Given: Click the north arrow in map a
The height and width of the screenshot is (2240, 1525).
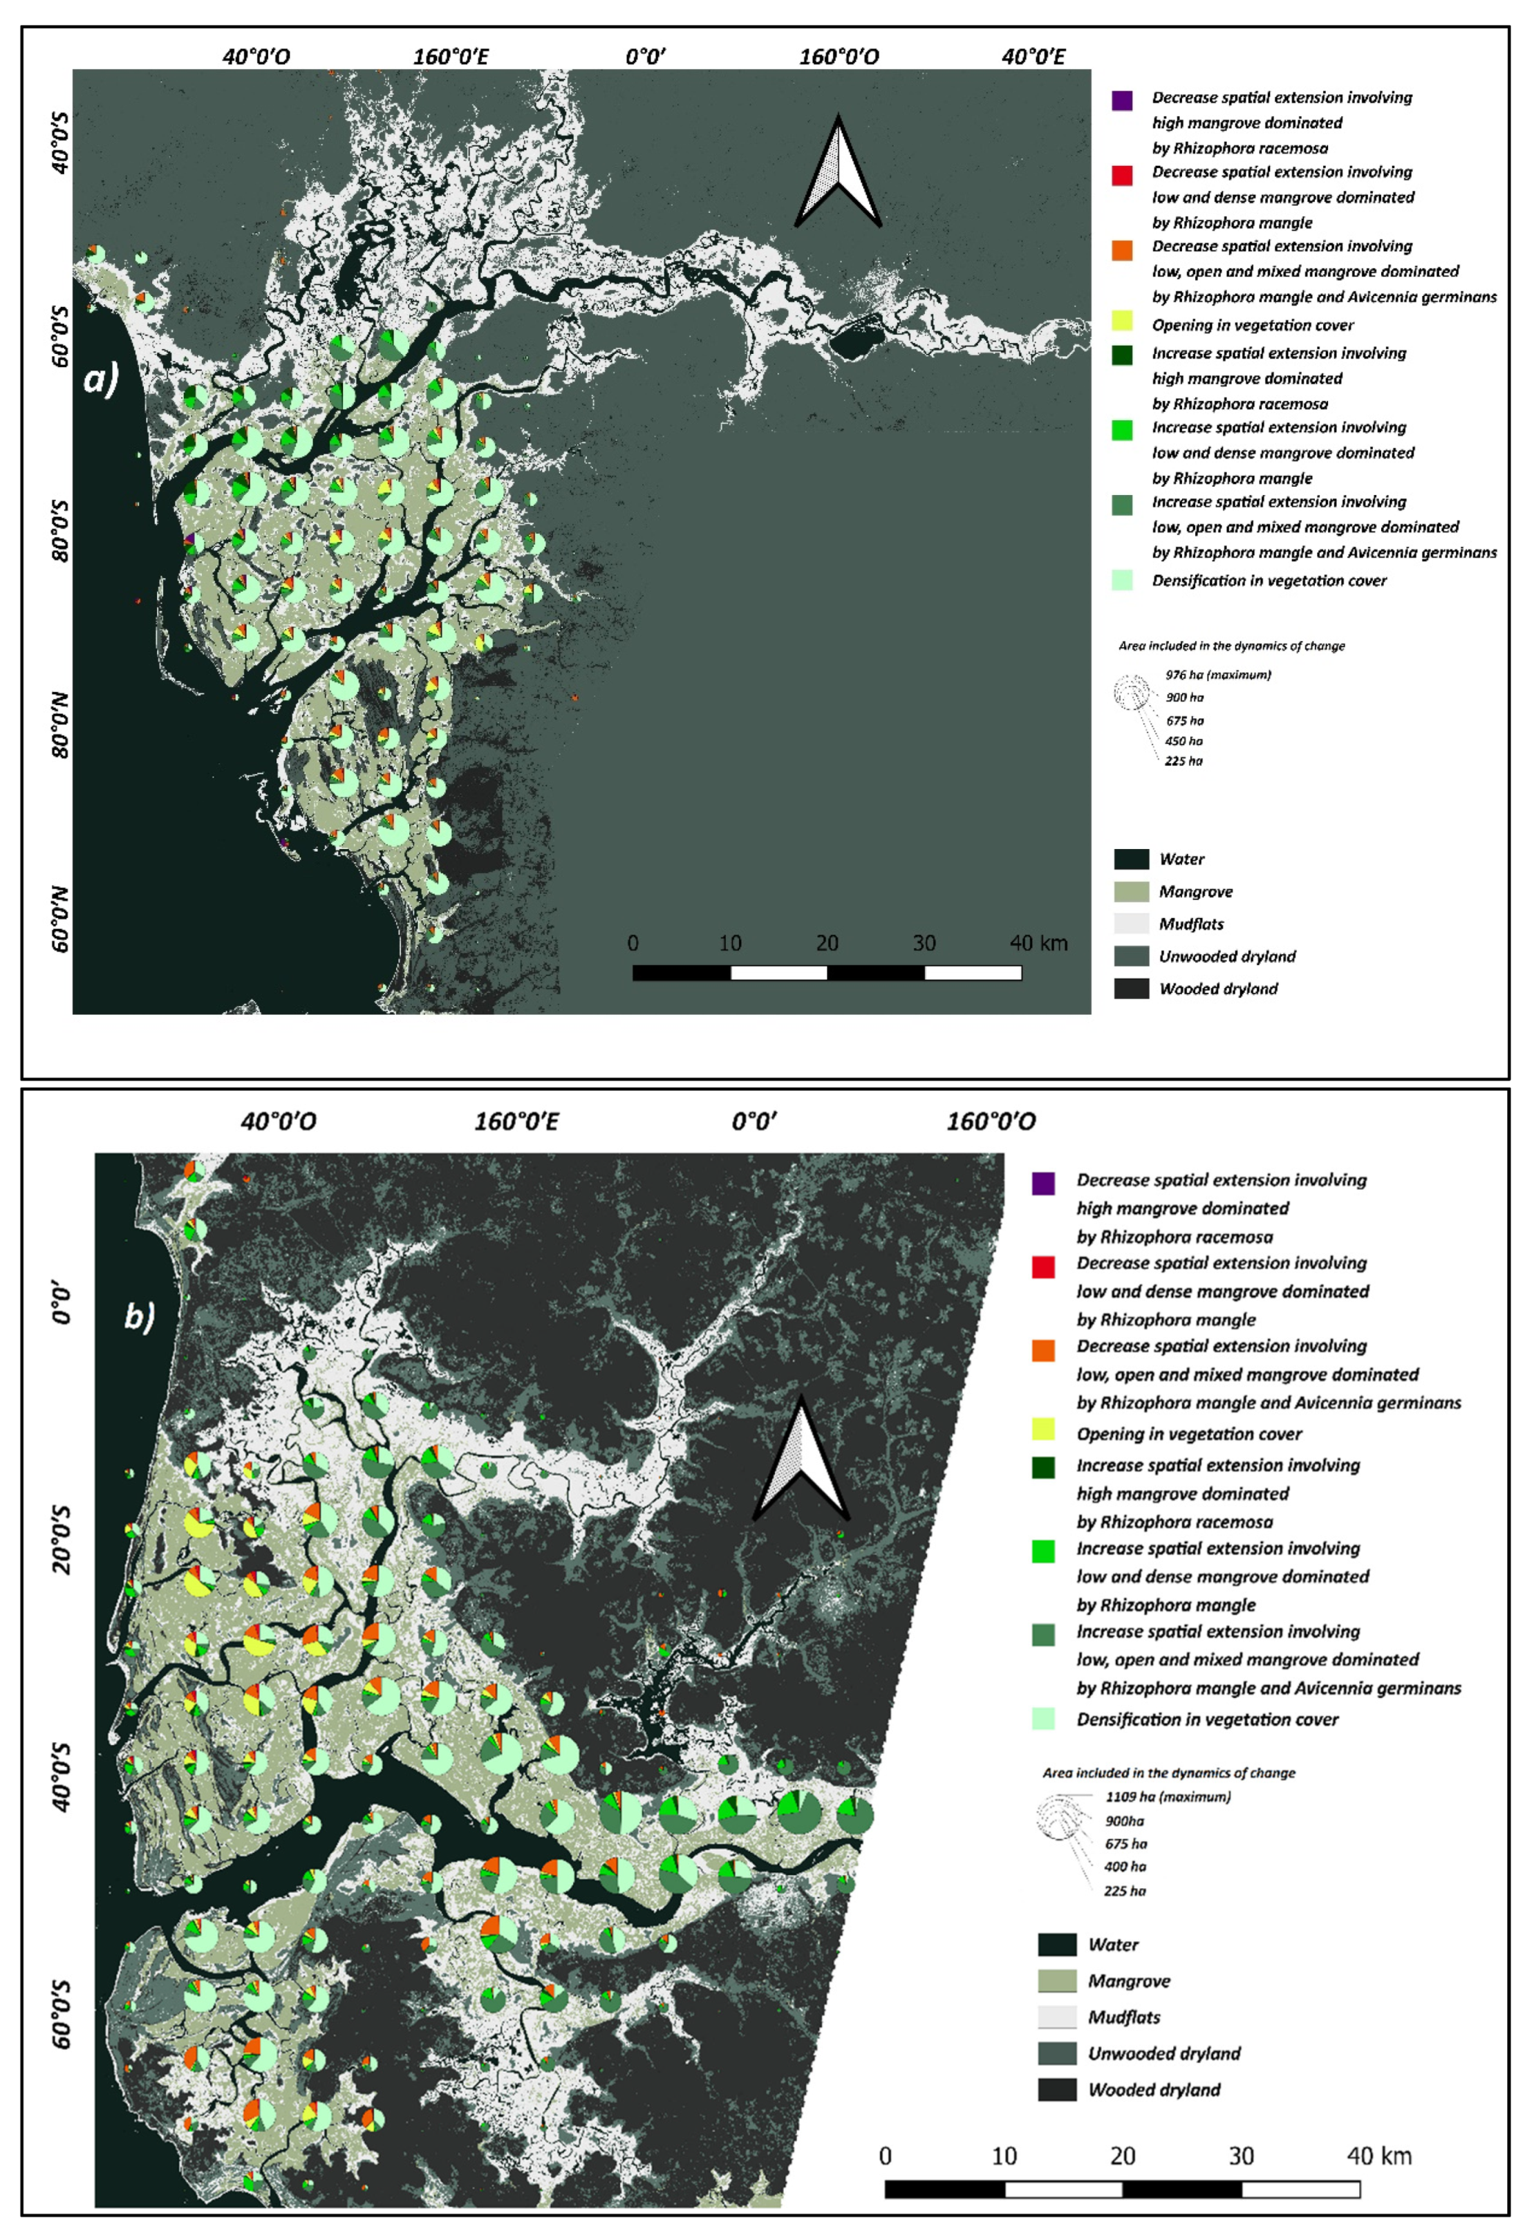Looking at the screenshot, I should click(x=836, y=171).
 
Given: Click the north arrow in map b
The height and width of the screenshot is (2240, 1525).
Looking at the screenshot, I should click(x=799, y=1460).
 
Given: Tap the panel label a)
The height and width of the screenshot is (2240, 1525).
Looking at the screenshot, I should click(x=101, y=379).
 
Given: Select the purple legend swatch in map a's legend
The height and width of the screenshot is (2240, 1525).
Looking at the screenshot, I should click(x=1121, y=100).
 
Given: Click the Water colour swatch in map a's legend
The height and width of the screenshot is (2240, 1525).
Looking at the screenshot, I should click(x=1131, y=859).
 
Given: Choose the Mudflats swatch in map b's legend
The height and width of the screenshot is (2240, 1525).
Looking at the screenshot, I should click(x=1056, y=2017).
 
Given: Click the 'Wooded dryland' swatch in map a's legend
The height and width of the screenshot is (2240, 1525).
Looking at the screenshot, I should click(x=1131, y=988).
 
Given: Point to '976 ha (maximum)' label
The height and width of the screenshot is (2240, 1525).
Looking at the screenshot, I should click(x=1217, y=675).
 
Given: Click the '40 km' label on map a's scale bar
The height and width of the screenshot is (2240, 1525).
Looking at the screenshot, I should click(x=1038, y=942).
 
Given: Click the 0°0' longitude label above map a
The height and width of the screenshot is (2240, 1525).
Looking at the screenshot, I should click(x=645, y=57).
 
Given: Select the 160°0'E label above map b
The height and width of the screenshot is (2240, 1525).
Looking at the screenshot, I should click(x=516, y=1121).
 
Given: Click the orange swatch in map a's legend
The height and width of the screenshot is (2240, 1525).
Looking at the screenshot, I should click(x=1121, y=250).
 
